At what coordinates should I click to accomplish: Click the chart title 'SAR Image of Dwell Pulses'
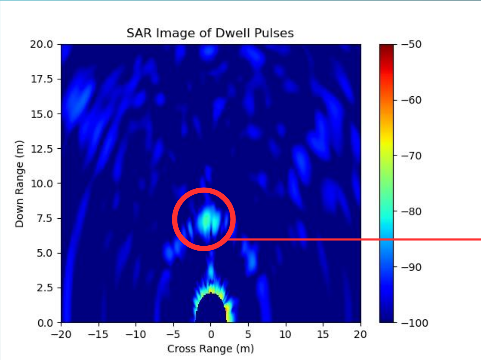tap(210, 33)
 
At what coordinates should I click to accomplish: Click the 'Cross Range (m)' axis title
tap(210, 349)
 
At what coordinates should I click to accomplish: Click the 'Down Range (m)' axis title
tap(19, 184)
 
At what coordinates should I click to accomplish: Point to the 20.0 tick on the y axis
tap(41, 45)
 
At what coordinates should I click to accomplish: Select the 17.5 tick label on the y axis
tap(41, 79)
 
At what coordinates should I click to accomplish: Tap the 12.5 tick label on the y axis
tap(41, 149)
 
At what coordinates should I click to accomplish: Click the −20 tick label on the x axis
tap(61, 335)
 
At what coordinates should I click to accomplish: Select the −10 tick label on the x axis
tap(136, 335)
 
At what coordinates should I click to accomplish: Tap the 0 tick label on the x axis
tap(211, 335)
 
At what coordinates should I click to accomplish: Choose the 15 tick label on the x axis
tap(323, 335)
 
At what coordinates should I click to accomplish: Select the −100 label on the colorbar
tap(414, 323)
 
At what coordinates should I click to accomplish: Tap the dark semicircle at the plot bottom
tap(211, 310)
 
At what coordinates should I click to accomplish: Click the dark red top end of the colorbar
tap(386, 47)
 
